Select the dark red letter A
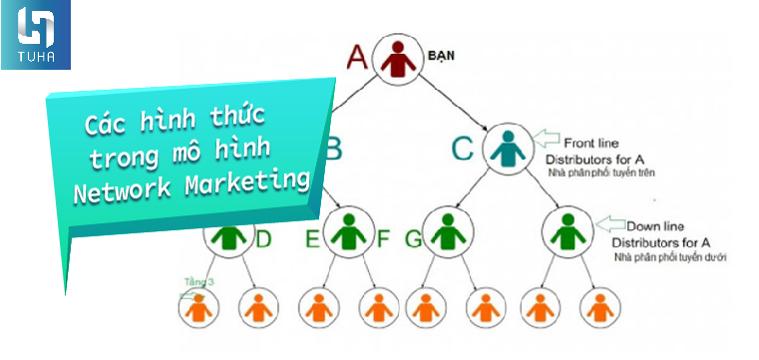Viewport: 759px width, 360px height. click(357, 57)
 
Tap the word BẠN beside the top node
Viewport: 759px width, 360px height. click(441, 56)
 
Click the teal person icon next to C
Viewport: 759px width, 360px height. click(509, 150)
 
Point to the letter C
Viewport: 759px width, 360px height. click(462, 150)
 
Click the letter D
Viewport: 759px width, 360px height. click(264, 239)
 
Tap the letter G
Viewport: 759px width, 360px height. click(413, 239)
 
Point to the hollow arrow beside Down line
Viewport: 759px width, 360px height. click(607, 223)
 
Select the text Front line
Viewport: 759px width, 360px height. click(592, 143)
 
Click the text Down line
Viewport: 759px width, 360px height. click(653, 226)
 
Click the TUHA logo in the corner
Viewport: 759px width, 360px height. click(35, 35)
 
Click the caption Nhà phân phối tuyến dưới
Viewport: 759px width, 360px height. click(671, 258)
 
